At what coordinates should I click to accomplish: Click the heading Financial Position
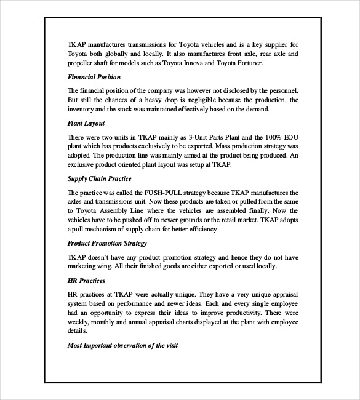pos(94,77)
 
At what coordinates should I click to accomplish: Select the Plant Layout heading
pos(86,123)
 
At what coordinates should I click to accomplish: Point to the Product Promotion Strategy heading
pos(106,243)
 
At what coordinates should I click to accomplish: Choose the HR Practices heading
pos(86,280)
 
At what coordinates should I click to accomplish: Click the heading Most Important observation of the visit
pos(122,345)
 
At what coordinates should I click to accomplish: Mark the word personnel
pos(282,90)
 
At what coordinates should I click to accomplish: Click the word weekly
pos(79,321)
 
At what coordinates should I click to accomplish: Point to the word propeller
pos(83,63)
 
